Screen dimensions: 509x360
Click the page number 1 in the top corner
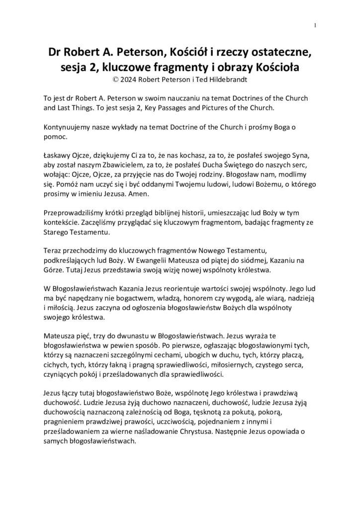pyautogui.click(x=316, y=25)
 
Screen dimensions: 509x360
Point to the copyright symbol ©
pyautogui.click(x=117, y=78)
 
